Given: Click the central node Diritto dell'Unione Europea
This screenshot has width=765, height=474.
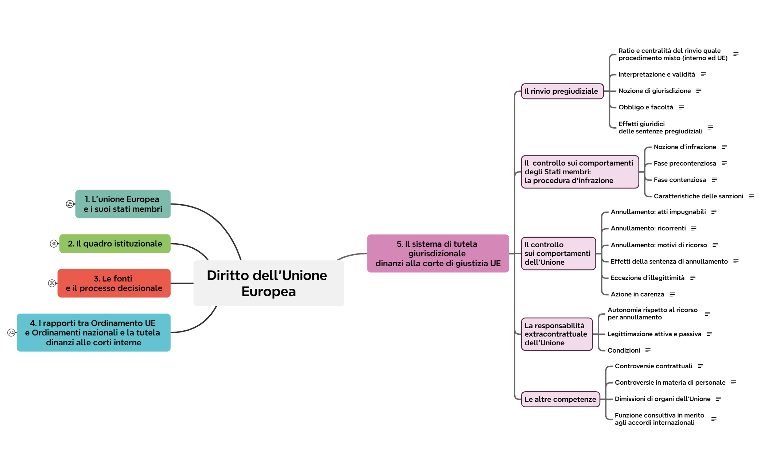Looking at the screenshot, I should coord(269,283).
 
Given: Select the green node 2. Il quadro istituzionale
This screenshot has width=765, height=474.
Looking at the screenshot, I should coord(115,244).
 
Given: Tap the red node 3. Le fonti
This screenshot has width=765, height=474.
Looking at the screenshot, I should coord(114,283).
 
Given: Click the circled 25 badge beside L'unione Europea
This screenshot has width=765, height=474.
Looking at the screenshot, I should coord(70,204).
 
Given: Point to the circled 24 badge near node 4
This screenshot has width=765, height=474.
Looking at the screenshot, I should coord(11,333).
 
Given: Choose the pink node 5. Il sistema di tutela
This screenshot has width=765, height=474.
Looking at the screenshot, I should coord(438,253).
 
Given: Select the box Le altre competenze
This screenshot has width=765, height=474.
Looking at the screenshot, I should coord(560,399).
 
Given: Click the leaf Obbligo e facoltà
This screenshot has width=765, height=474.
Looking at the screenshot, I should coord(645,107).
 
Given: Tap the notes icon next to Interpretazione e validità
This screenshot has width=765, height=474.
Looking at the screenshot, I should coord(703,74).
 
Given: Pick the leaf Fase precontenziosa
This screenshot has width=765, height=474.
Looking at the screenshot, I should coord(684,163).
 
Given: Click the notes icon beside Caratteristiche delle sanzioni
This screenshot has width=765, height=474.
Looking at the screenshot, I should coord(751,196).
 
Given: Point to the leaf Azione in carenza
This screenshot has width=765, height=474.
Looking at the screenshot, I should coord(637,294).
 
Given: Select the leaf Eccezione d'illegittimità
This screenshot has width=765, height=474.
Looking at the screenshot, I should coord(647,278).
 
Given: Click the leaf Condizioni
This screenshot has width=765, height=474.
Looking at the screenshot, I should coord(624,350).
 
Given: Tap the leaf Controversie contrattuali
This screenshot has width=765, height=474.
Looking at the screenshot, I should coord(653,366).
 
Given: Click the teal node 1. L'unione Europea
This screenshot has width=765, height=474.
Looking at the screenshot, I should coord(123,204).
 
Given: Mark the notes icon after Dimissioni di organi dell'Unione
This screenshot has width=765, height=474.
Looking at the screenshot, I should coord(718,399).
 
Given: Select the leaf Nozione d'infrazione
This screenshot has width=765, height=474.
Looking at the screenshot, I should coord(684,147).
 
